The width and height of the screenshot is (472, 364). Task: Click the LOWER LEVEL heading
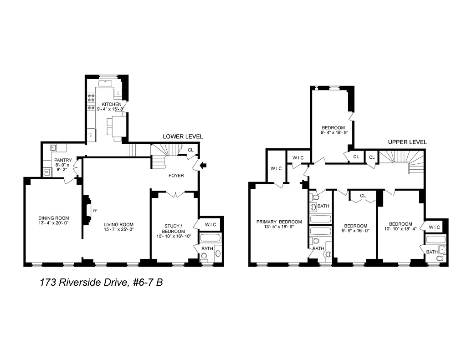click(183, 136)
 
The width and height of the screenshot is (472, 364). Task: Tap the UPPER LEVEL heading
click(407, 142)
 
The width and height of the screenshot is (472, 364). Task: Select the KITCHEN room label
click(111, 104)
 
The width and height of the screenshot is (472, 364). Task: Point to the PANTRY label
click(63, 160)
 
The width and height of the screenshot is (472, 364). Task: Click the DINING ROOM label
click(53, 218)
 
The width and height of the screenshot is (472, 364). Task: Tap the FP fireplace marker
click(95, 211)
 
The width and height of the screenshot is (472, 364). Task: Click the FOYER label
click(176, 175)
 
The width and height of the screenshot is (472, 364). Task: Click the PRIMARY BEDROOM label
click(279, 222)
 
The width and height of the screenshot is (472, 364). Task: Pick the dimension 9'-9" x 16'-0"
click(355, 231)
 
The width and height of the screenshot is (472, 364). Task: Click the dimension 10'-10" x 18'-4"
click(400, 229)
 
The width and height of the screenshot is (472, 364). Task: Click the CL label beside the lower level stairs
click(190, 150)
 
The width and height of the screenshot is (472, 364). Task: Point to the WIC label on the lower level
click(210, 224)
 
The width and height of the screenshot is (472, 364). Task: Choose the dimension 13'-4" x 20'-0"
click(53, 223)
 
